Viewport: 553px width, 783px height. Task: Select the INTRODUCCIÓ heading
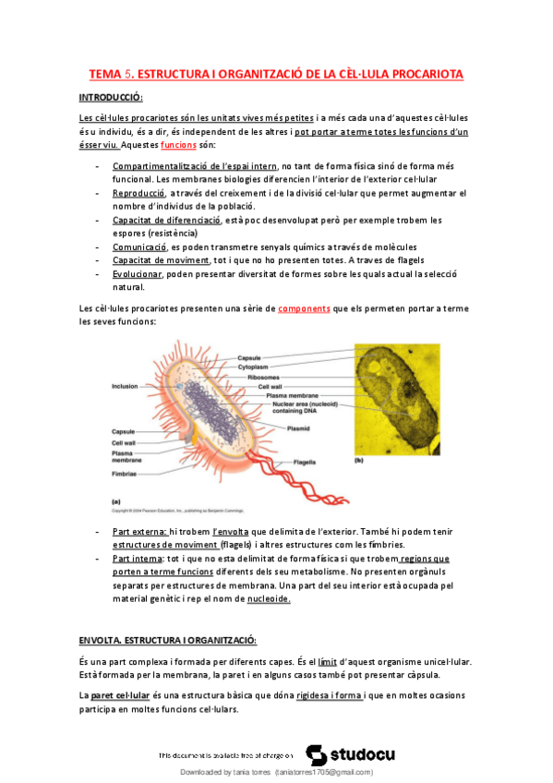coord(112,98)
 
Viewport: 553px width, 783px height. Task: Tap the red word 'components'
coord(304,309)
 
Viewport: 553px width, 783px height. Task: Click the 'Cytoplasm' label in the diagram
coord(253,367)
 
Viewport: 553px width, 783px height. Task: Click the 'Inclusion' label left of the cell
coord(125,386)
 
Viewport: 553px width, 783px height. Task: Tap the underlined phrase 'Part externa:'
coord(139,533)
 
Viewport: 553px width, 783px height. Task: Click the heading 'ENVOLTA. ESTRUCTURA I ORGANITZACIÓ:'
coord(167,640)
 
